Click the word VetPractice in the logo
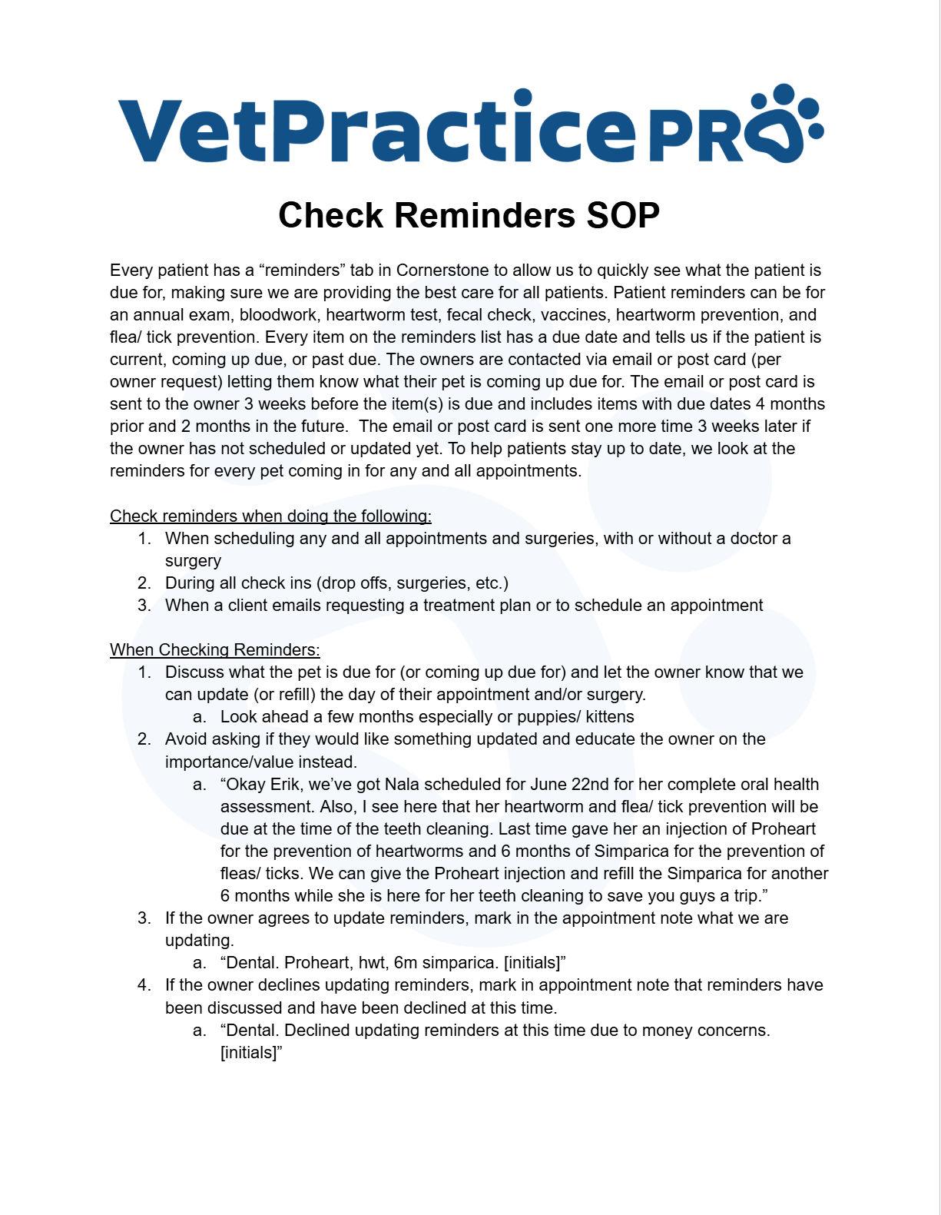tap(376, 128)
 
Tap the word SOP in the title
tap(623, 215)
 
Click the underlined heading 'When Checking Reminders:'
tap(214, 650)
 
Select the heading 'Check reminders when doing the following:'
tap(270, 516)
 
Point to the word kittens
tap(610, 717)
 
